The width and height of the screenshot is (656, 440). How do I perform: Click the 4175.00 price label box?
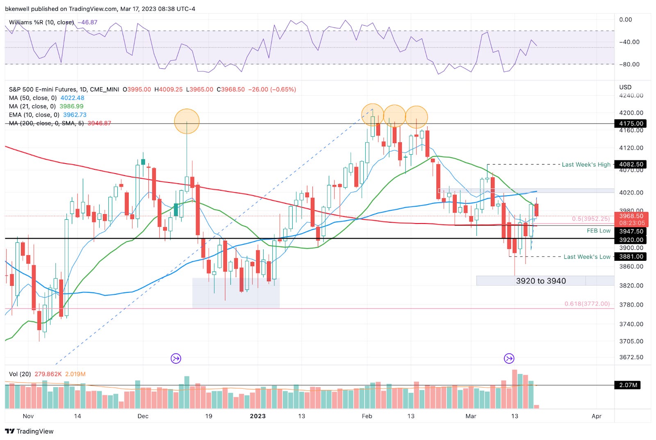pos(631,123)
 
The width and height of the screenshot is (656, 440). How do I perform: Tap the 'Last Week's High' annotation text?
pos(586,164)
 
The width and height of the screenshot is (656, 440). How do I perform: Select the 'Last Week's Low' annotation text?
pos(587,257)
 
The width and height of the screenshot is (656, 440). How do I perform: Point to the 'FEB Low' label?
pos(599,231)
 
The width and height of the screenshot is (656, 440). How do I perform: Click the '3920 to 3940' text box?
pos(540,281)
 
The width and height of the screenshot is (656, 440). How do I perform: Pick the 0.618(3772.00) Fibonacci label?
pos(587,304)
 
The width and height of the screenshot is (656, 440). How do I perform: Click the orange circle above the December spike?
pos(187,121)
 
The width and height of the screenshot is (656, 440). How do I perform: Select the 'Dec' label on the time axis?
pos(143,416)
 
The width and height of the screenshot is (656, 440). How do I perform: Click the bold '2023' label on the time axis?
pos(257,416)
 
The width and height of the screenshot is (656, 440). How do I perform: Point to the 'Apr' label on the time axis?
pos(596,416)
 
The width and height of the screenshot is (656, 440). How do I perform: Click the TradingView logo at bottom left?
pos(30,431)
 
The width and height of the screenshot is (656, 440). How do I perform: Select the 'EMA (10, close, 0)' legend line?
pos(35,115)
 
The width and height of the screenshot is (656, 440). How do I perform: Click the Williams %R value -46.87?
pos(88,22)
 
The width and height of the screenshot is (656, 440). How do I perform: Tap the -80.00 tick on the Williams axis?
pos(629,64)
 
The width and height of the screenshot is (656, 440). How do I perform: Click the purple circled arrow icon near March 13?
pos(509,358)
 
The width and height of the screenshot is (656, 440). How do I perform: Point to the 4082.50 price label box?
pos(631,164)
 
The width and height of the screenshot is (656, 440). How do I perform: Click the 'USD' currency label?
pos(625,87)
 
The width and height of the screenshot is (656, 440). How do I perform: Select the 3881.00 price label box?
pos(631,257)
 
